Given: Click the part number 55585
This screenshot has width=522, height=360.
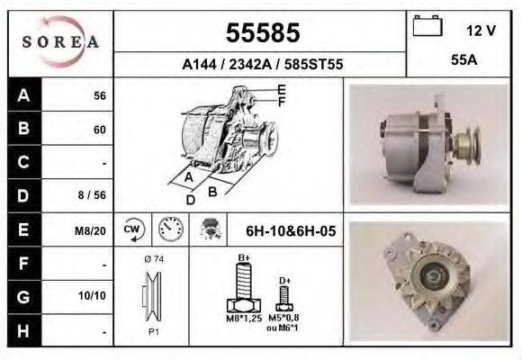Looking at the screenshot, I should click(261, 34).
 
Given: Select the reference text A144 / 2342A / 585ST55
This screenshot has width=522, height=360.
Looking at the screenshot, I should click(261, 65).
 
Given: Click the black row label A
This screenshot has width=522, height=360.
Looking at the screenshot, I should click(22, 94).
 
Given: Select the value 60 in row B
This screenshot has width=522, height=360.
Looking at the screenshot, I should click(99, 130).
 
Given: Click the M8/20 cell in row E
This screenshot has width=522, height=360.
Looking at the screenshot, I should click(93, 231).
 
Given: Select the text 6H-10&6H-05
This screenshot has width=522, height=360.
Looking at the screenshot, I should click(290, 231).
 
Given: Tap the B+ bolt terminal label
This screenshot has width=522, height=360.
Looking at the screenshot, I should click(244, 259).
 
